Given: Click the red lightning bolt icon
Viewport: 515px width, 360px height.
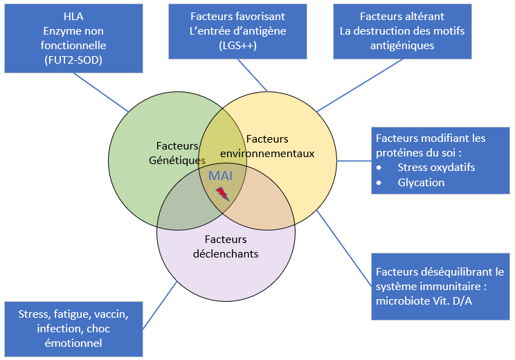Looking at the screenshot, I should (x=222, y=194).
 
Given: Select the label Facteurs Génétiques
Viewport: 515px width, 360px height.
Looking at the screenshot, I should (x=177, y=153).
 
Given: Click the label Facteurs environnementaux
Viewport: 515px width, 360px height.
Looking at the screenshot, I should (x=267, y=146).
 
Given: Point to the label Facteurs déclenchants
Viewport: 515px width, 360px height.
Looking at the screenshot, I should (x=226, y=246).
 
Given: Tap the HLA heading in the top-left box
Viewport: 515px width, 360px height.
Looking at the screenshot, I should (x=73, y=16).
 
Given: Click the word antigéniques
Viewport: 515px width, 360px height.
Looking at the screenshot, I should (x=402, y=46).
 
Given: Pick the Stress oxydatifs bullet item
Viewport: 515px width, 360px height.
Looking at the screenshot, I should (x=436, y=167).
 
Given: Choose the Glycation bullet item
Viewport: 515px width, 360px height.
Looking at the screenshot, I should (x=421, y=182).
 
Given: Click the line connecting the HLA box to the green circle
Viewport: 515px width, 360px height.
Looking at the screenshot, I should (x=101, y=91).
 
